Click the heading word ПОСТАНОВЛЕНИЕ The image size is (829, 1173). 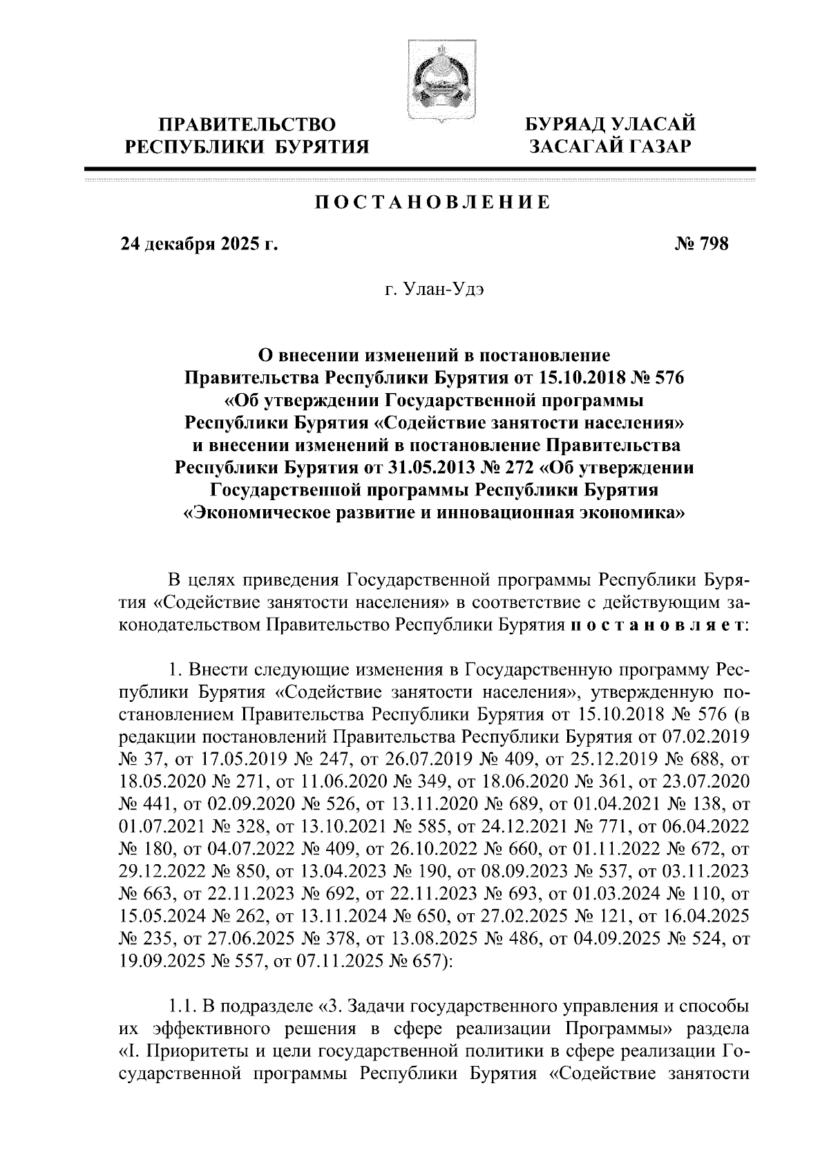tap(432, 202)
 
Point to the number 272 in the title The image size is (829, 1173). tap(517, 468)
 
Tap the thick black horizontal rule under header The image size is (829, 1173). tap(419, 169)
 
